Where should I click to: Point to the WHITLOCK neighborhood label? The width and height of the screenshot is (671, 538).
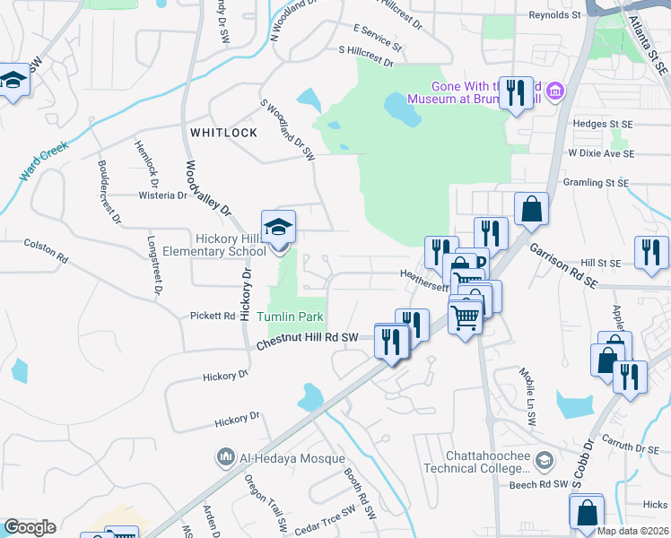(223, 133)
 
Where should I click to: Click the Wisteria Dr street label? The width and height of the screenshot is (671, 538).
(162, 195)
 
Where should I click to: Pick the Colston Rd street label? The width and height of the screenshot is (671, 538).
(46, 249)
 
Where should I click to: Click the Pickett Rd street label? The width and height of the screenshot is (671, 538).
(213, 316)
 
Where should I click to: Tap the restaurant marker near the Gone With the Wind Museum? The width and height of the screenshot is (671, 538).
(516, 93)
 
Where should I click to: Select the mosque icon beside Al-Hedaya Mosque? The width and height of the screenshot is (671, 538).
(224, 458)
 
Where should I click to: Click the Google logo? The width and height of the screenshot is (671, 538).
(30, 527)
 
